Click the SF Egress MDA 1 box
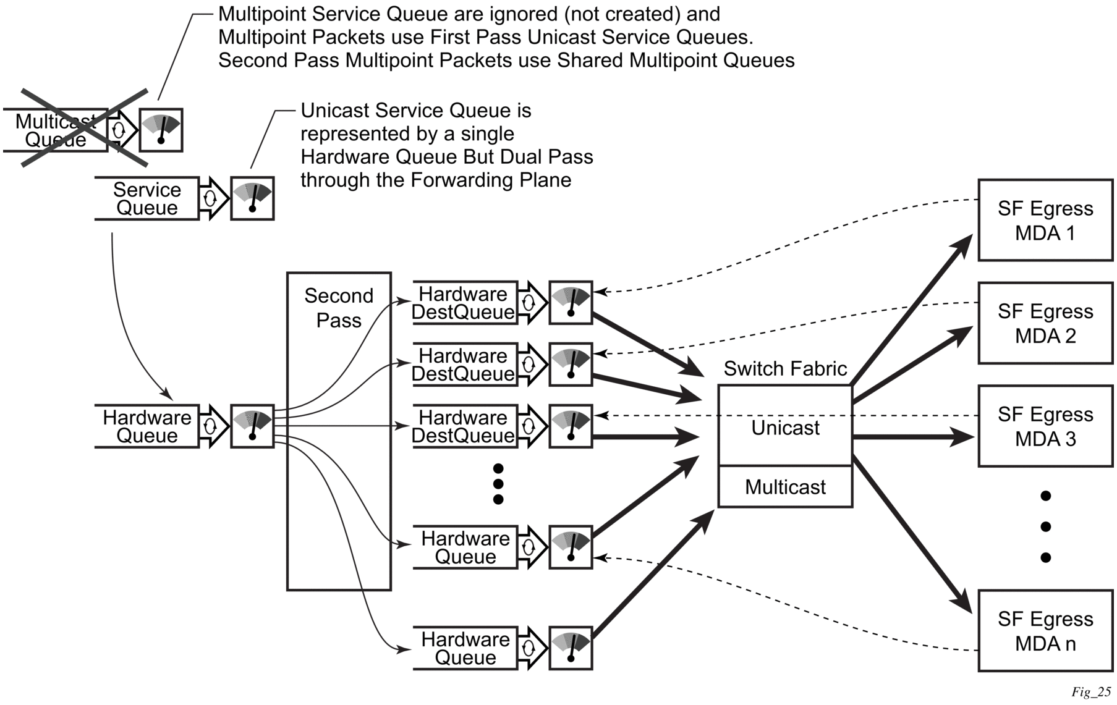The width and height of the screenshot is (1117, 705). (1045, 221)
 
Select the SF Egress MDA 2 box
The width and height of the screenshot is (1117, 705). (1045, 323)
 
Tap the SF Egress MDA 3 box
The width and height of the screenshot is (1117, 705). (1045, 426)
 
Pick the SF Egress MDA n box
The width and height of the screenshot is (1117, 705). (1045, 631)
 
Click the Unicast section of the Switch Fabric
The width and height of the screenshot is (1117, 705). (785, 428)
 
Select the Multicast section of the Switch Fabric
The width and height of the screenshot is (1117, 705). (785, 487)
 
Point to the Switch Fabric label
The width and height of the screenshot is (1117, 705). (785, 369)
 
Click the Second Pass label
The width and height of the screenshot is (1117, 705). (339, 308)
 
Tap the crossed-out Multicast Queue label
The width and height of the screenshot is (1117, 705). (56, 130)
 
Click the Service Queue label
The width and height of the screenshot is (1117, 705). (147, 199)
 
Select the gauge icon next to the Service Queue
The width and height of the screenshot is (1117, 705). (252, 199)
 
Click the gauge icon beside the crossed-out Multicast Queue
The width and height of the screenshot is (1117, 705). (161, 130)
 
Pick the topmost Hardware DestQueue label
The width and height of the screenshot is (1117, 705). (464, 303)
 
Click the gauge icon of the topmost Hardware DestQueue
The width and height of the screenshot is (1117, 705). (571, 303)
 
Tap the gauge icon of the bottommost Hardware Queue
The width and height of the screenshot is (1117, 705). (571, 648)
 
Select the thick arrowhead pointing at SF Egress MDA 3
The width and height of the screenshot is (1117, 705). (963, 437)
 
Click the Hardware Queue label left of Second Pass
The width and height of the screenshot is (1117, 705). (147, 426)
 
